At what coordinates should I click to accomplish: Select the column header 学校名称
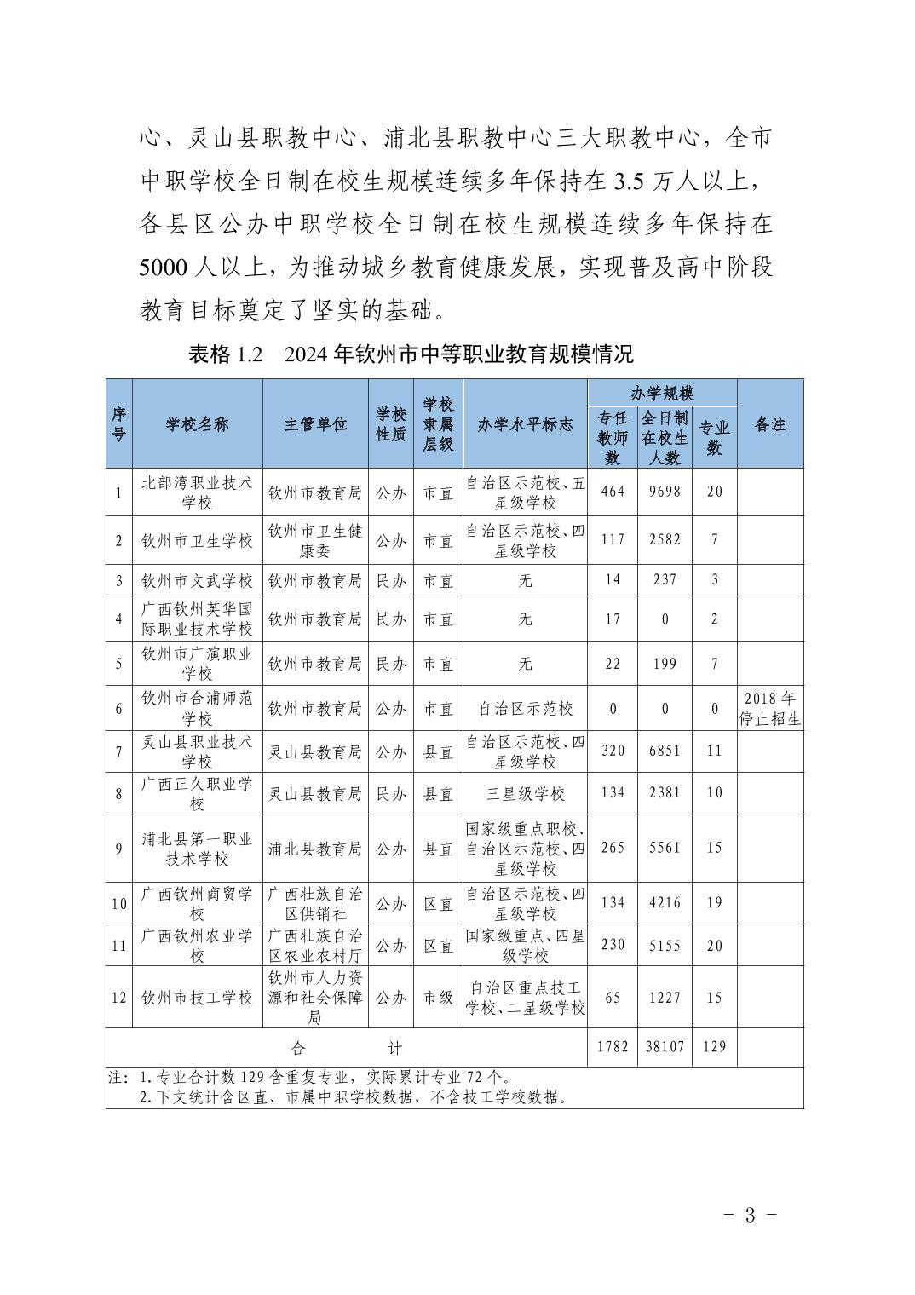[197, 423]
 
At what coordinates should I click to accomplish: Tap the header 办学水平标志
[525, 423]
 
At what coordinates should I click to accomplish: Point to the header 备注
[769, 423]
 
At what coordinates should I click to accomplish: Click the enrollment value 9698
[665, 492]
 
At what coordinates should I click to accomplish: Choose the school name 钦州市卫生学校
[197, 540]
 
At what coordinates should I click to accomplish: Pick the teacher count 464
[613, 492]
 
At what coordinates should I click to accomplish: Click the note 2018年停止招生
[769, 709]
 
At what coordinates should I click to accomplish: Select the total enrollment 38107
[665, 1046]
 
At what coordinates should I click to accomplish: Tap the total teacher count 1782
[613, 1046]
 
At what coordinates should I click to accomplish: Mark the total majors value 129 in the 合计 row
[714, 1046]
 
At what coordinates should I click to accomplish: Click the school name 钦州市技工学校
[197, 997]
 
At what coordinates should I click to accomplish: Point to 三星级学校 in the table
[525, 793]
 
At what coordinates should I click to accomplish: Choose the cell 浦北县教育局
[315, 849]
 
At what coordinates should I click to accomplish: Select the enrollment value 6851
[665, 751]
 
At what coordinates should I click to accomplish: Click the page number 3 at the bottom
[749, 1215]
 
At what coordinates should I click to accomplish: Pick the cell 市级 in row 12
[439, 997]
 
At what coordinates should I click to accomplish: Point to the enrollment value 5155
[665, 944]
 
